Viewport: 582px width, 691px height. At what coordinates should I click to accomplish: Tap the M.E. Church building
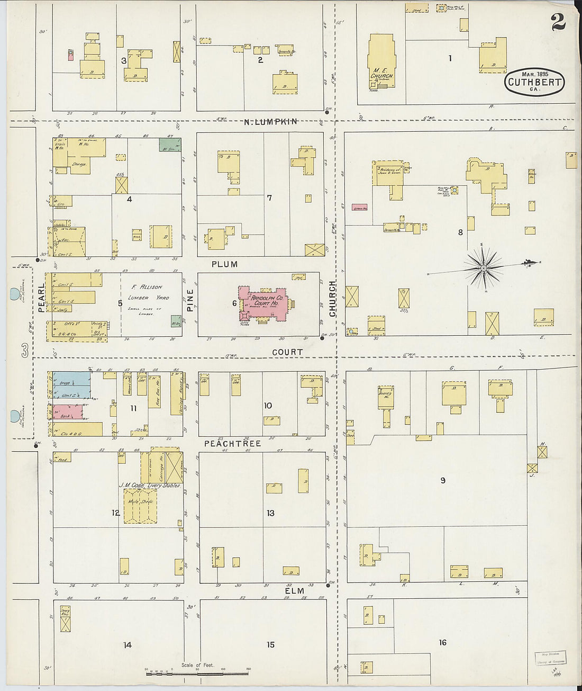[381, 61]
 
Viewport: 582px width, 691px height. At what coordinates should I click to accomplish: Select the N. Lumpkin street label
[270, 122]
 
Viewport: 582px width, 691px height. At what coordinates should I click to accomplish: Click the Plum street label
[225, 264]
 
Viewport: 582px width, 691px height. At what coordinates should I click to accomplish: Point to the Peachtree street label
[233, 443]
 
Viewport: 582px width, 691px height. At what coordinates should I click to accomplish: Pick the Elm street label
[295, 591]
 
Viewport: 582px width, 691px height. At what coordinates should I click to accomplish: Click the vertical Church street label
[333, 299]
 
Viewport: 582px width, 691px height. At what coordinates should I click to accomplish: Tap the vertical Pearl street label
[41, 297]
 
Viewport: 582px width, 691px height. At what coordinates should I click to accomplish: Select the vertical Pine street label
[190, 299]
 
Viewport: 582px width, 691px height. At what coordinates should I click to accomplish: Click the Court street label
[287, 352]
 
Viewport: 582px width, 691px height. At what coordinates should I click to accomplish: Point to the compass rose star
[484, 268]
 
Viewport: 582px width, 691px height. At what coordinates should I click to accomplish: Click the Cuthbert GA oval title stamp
[534, 82]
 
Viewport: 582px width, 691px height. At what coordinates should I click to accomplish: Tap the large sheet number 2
[558, 23]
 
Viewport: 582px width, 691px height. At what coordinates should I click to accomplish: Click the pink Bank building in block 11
[67, 411]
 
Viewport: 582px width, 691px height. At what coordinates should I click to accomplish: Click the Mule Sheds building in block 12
[140, 506]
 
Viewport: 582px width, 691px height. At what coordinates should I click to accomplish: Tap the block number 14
[128, 645]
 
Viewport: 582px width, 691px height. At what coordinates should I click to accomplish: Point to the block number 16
[442, 643]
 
